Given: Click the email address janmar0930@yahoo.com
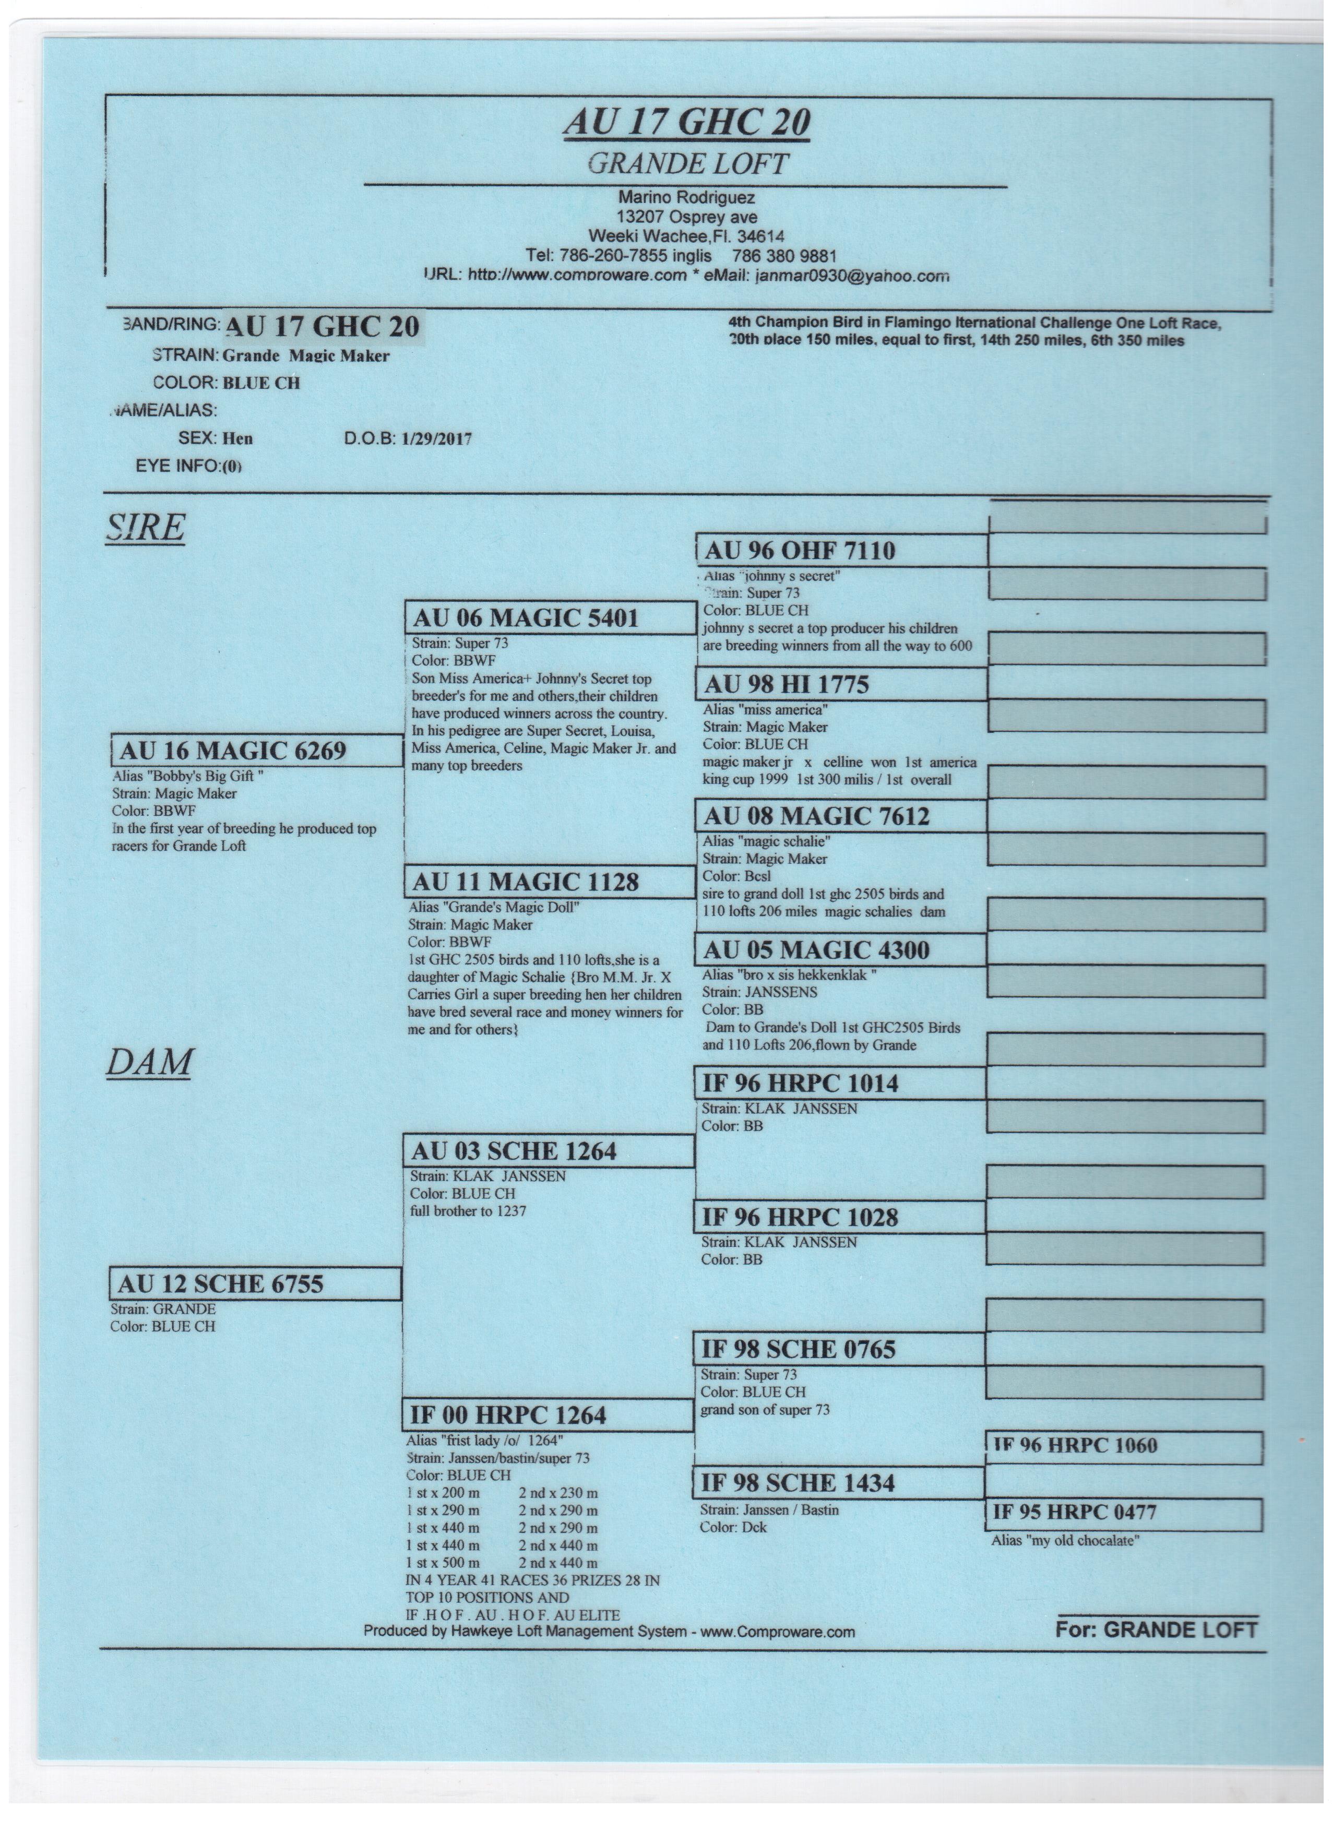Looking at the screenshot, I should coord(851,276).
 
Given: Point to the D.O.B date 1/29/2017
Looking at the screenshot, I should coord(436,439).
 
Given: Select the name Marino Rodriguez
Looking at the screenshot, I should coord(686,197).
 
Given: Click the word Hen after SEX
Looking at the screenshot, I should coord(237,438).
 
